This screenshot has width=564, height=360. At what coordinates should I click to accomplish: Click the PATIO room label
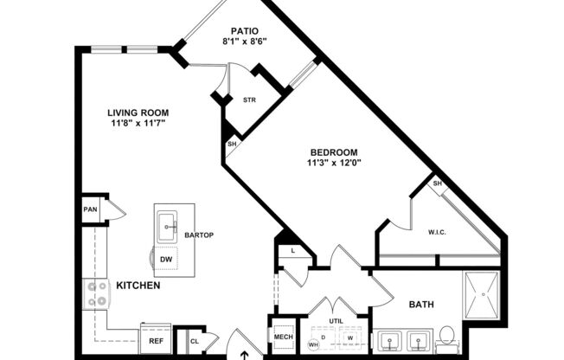click(x=245, y=30)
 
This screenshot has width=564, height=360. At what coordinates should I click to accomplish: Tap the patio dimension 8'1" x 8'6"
click(x=245, y=41)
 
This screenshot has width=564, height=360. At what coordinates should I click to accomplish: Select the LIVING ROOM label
click(x=138, y=112)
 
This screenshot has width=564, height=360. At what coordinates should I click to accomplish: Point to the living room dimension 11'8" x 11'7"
click(x=138, y=123)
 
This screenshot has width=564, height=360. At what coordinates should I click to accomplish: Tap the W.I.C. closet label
click(x=437, y=231)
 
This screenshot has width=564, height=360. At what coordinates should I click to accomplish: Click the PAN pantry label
click(x=89, y=209)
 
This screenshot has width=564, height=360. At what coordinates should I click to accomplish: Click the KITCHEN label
click(x=138, y=285)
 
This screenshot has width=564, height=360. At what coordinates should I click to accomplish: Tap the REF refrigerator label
click(x=156, y=341)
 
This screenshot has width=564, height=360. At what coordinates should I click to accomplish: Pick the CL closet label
click(x=194, y=342)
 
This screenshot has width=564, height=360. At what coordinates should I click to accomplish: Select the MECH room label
click(x=284, y=337)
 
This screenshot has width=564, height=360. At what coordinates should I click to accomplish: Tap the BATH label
click(x=421, y=305)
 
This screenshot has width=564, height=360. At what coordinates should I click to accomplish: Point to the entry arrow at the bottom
click(x=245, y=353)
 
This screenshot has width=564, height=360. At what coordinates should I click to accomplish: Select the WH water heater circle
click(x=313, y=344)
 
